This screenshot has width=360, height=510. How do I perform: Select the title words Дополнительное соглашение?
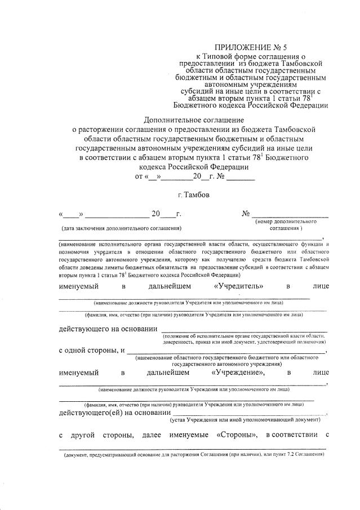[x=193, y=120]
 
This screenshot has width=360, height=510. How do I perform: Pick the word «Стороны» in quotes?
[x=237, y=434]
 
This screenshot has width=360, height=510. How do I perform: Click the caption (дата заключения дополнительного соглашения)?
[x=122, y=229]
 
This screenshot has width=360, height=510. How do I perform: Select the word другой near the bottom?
[x=82, y=434]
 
